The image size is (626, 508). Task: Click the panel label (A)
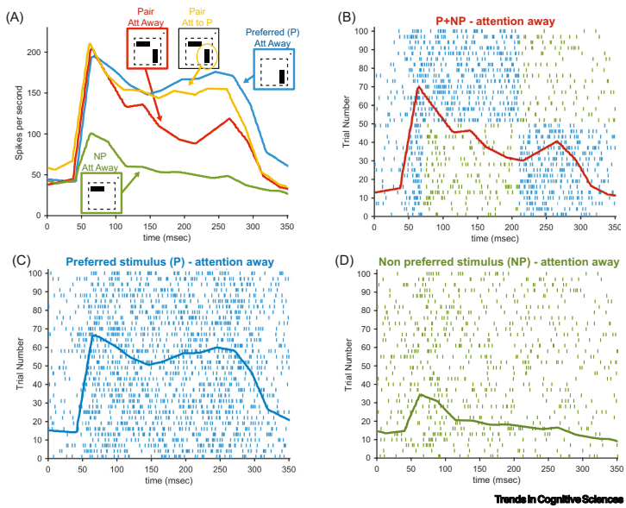tap(15, 16)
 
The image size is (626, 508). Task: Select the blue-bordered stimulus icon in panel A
tap(276, 69)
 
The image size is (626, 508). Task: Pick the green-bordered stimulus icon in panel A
tap(101, 191)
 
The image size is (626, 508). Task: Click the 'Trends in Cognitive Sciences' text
tap(558, 499)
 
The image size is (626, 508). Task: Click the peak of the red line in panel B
tap(418, 86)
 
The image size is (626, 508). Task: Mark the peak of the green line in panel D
tap(420, 394)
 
